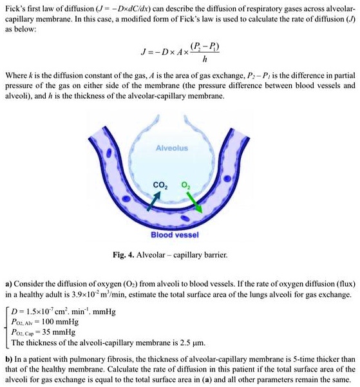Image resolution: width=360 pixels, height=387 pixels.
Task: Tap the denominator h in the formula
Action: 204,61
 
